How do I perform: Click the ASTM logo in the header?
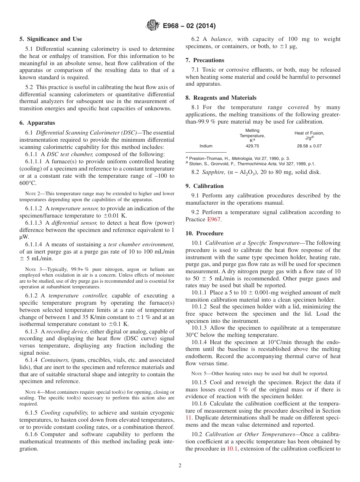coord(153,26)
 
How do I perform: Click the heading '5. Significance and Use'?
coord(51,39)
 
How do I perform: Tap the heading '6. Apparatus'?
coord(37,123)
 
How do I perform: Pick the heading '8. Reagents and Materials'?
coord(221,97)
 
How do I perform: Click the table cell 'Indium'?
coord(206,146)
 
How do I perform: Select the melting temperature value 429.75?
coord(252,146)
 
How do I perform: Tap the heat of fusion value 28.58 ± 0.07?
coord(309,146)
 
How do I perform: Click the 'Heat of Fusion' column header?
coord(309,133)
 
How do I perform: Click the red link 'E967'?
coord(214,219)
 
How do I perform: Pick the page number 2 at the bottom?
coord(180,466)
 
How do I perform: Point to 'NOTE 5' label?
coord(199,374)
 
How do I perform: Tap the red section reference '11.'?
coord(188,418)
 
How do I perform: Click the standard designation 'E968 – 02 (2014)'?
coord(189,26)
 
